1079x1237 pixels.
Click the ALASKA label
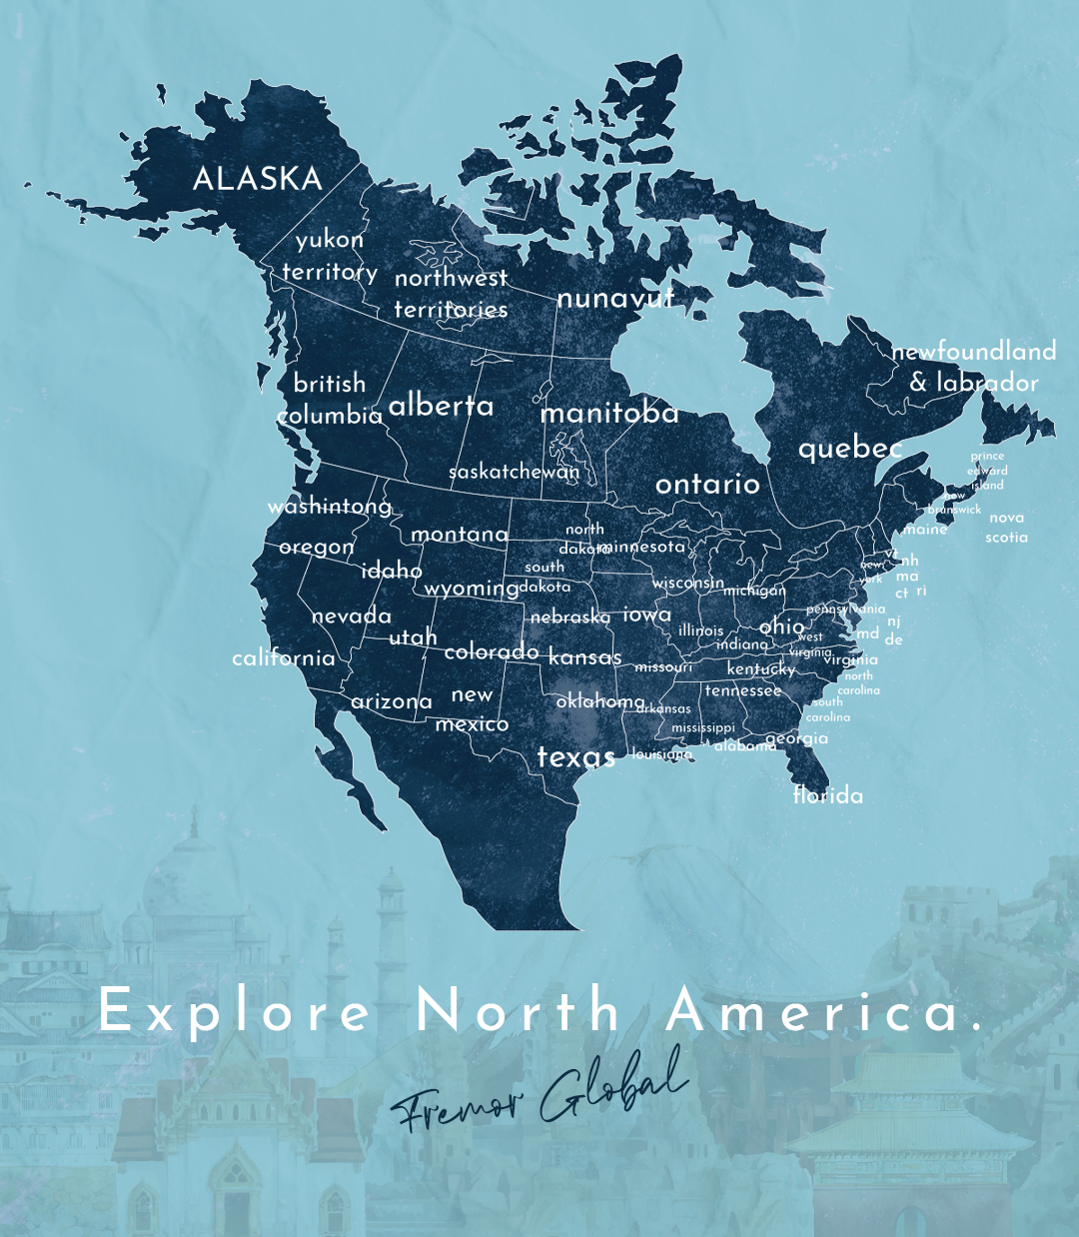(x=257, y=179)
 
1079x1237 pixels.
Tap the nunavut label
(x=615, y=298)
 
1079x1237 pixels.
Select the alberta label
(x=441, y=405)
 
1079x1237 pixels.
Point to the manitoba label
(x=609, y=413)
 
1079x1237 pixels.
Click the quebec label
(x=850, y=449)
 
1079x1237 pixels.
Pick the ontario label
(x=707, y=484)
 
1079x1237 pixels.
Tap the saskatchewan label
(x=514, y=472)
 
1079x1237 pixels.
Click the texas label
(x=575, y=757)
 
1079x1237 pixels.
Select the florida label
(x=828, y=795)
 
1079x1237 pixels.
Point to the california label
(x=284, y=657)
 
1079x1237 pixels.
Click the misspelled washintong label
(x=330, y=507)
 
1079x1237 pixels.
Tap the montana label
(x=459, y=535)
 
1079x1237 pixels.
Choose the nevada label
(x=351, y=616)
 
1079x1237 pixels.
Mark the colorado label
(x=491, y=651)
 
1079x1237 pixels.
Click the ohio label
(x=781, y=626)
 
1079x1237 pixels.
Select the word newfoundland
(x=974, y=351)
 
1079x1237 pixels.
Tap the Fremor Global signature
(x=539, y=1091)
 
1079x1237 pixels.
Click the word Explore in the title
(x=236, y=1011)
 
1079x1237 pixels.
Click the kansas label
(x=584, y=657)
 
